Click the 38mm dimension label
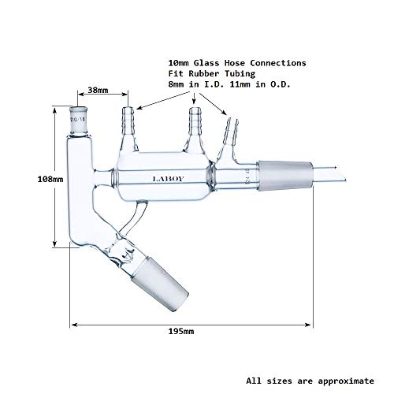[98, 90]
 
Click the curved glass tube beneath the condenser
[136, 218]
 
